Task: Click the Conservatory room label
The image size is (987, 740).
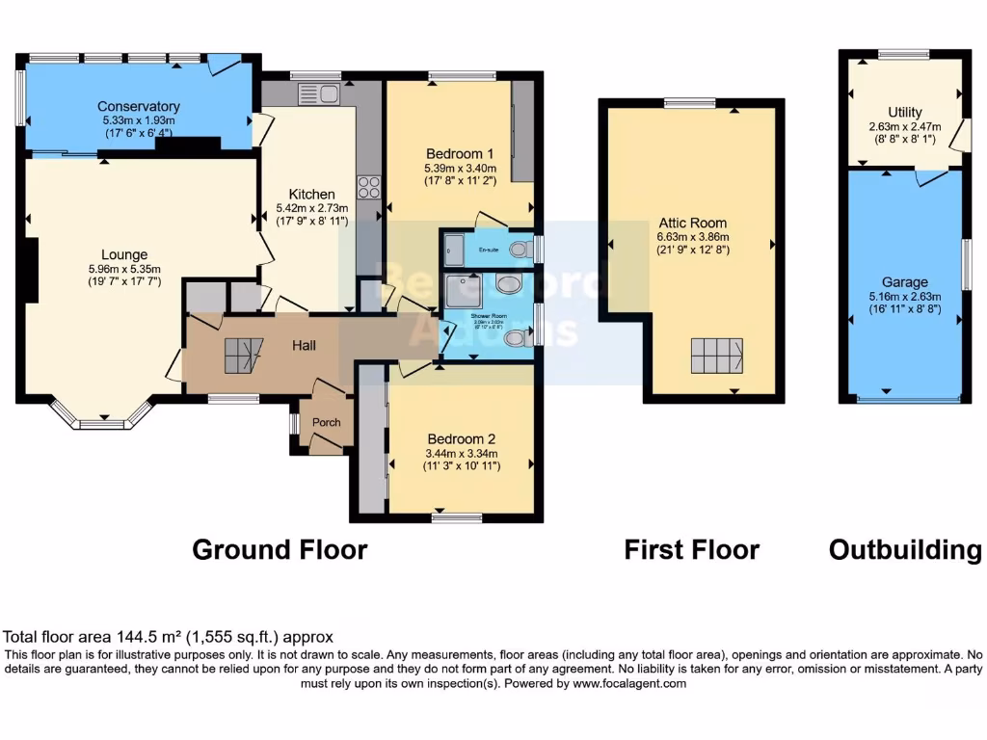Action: pyautogui.click(x=139, y=106)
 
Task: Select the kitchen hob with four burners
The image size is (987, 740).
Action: pyautogui.click(x=368, y=186)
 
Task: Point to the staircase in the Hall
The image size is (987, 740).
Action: pyautogui.click(x=243, y=356)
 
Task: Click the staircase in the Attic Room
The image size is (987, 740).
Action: pyautogui.click(x=716, y=356)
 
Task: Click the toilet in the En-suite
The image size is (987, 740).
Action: pyautogui.click(x=520, y=250)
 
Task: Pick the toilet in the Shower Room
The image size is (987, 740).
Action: pyautogui.click(x=517, y=337)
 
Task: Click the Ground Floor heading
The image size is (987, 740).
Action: pyautogui.click(x=280, y=549)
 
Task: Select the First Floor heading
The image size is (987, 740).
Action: pyautogui.click(x=691, y=549)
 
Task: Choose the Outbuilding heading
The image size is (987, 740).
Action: pyautogui.click(x=904, y=549)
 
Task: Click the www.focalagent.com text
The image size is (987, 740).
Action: pyautogui.click(x=629, y=683)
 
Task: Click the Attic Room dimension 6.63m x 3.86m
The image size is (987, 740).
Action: pyautogui.click(x=693, y=237)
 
